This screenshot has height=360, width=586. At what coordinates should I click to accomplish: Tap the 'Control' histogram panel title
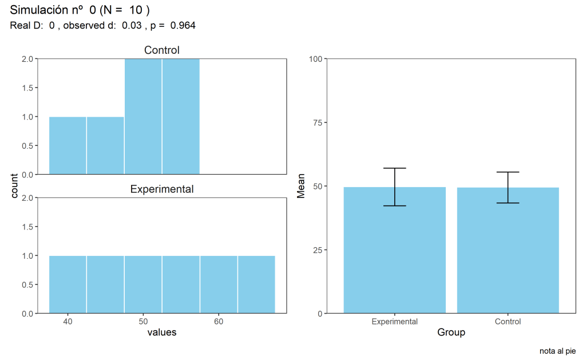(x=162, y=50)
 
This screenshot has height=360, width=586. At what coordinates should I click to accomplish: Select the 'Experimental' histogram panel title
(x=162, y=189)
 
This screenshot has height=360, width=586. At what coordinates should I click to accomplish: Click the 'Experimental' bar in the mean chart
(x=394, y=252)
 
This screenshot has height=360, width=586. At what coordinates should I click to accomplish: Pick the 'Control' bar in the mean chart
(x=508, y=252)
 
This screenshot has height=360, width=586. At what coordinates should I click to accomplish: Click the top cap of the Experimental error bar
(x=394, y=168)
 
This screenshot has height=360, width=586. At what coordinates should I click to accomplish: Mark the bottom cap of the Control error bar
(x=508, y=203)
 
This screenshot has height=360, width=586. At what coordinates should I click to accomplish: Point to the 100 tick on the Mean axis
(x=315, y=58)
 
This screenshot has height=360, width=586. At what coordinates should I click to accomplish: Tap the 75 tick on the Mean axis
(x=316, y=122)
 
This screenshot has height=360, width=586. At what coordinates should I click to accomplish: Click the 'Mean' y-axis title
(x=301, y=186)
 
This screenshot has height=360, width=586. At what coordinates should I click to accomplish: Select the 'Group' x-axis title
(x=451, y=333)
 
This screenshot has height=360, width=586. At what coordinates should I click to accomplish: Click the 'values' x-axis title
(x=162, y=333)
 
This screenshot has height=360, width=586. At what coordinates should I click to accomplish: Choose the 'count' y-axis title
(x=15, y=186)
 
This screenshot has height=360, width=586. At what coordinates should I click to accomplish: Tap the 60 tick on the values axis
(x=219, y=322)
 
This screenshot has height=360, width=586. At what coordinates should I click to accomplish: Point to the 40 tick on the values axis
(x=68, y=322)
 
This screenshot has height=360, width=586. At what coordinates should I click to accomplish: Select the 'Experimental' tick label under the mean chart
(x=394, y=322)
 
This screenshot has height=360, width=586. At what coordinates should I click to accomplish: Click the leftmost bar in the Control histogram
(x=68, y=145)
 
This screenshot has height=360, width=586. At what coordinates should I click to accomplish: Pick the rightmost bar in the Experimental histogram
(x=256, y=284)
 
